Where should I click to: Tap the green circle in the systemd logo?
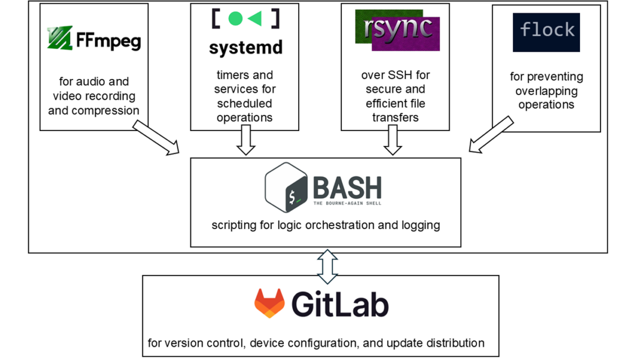236,19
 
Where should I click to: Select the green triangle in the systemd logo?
255,19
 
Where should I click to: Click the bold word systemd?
245,48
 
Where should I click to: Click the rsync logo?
397,30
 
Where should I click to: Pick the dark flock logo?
546,32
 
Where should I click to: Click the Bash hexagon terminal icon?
286,188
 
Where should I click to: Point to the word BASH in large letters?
347,187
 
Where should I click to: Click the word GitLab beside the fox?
340,304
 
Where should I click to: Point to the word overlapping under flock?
546,91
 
